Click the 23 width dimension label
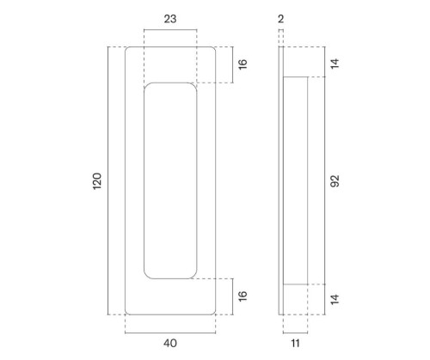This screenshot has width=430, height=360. click(170, 19)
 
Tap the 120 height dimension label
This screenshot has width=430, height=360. click(97, 180)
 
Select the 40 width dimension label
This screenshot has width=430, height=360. click(170, 343)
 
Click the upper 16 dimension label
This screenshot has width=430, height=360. click(243, 64)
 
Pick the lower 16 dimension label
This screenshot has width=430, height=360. click(243, 296)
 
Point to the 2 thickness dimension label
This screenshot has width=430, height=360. click(281, 19)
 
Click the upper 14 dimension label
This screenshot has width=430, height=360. click(335, 64)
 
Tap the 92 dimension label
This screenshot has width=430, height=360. click(335, 180)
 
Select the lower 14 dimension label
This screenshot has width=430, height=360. click(335, 299)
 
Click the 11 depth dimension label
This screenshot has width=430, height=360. click(295, 343)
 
